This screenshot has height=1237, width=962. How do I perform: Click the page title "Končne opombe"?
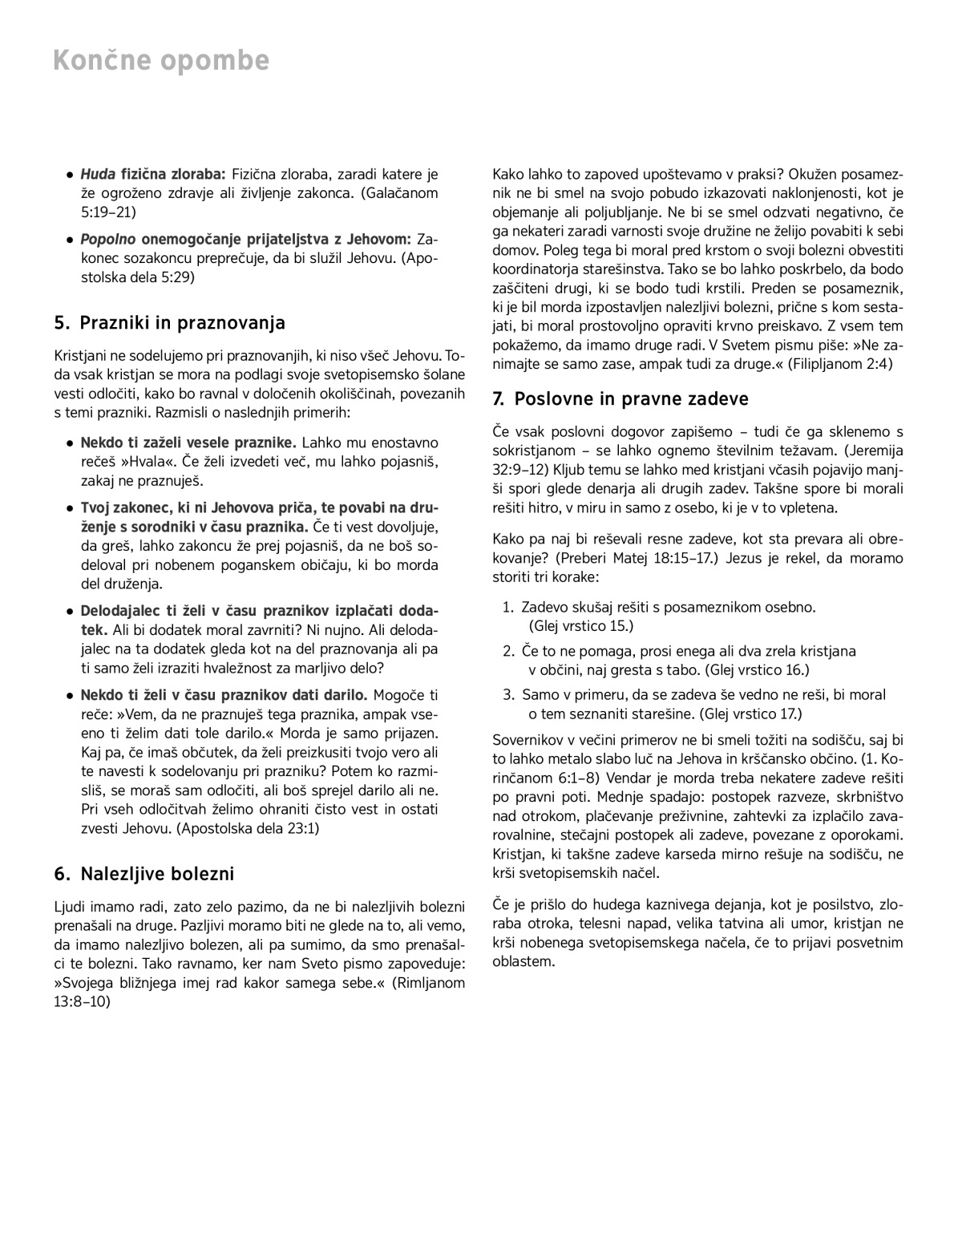(x=161, y=61)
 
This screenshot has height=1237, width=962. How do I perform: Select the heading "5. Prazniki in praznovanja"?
(x=169, y=323)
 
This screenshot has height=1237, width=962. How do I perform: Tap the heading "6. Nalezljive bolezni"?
(x=144, y=873)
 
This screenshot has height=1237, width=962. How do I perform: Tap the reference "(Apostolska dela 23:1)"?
(x=248, y=829)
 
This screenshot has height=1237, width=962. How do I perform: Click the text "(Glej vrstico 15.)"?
(x=580, y=626)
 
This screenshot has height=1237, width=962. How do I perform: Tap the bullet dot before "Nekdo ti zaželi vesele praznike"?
(x=71, y=443)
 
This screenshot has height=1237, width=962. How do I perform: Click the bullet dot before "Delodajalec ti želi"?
(x=71, y=612)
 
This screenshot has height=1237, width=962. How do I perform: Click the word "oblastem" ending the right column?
(x=523, y=961)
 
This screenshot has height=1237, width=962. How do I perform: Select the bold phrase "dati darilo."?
(x=330, y=695)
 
